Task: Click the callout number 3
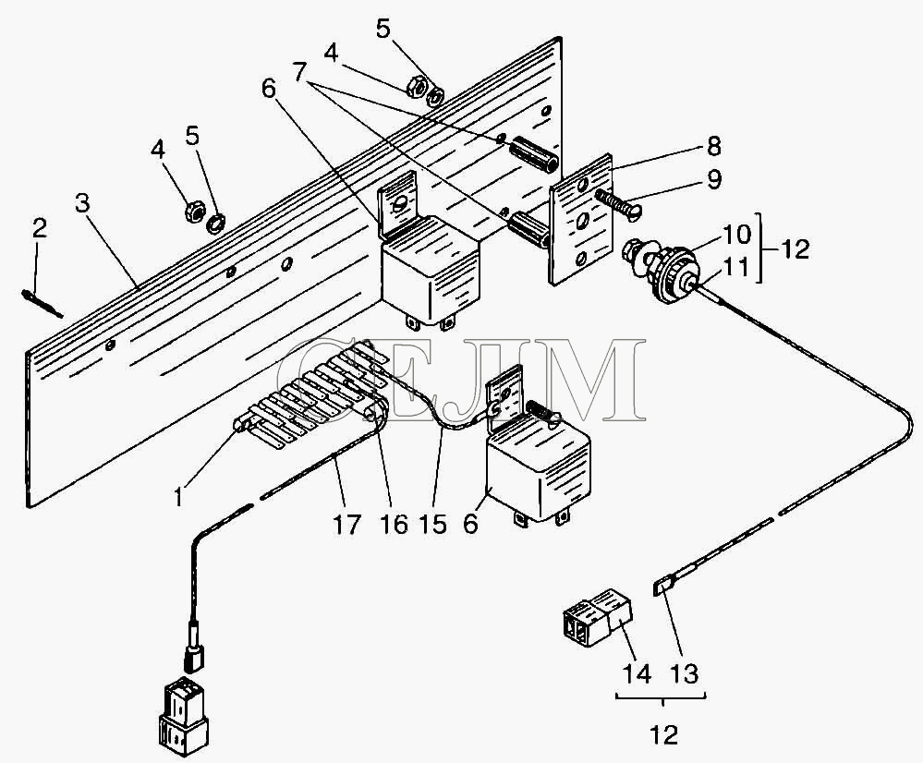[x=82, y=203]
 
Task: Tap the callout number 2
[x=40, y=228]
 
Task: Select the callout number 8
[x=713, y=147]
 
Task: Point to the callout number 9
[x=713, y=179]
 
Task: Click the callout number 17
[x=346, y=524]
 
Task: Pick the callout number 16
[x=394, y=524]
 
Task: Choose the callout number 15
[x=434, y=524]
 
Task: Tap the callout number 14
[x=638, y=672]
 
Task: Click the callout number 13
[x=684, y=672]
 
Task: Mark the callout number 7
[x=299, y=73]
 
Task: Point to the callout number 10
[x=736, y=235]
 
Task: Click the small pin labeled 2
[x=42, y=303]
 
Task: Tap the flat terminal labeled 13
[x=662, y=587]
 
